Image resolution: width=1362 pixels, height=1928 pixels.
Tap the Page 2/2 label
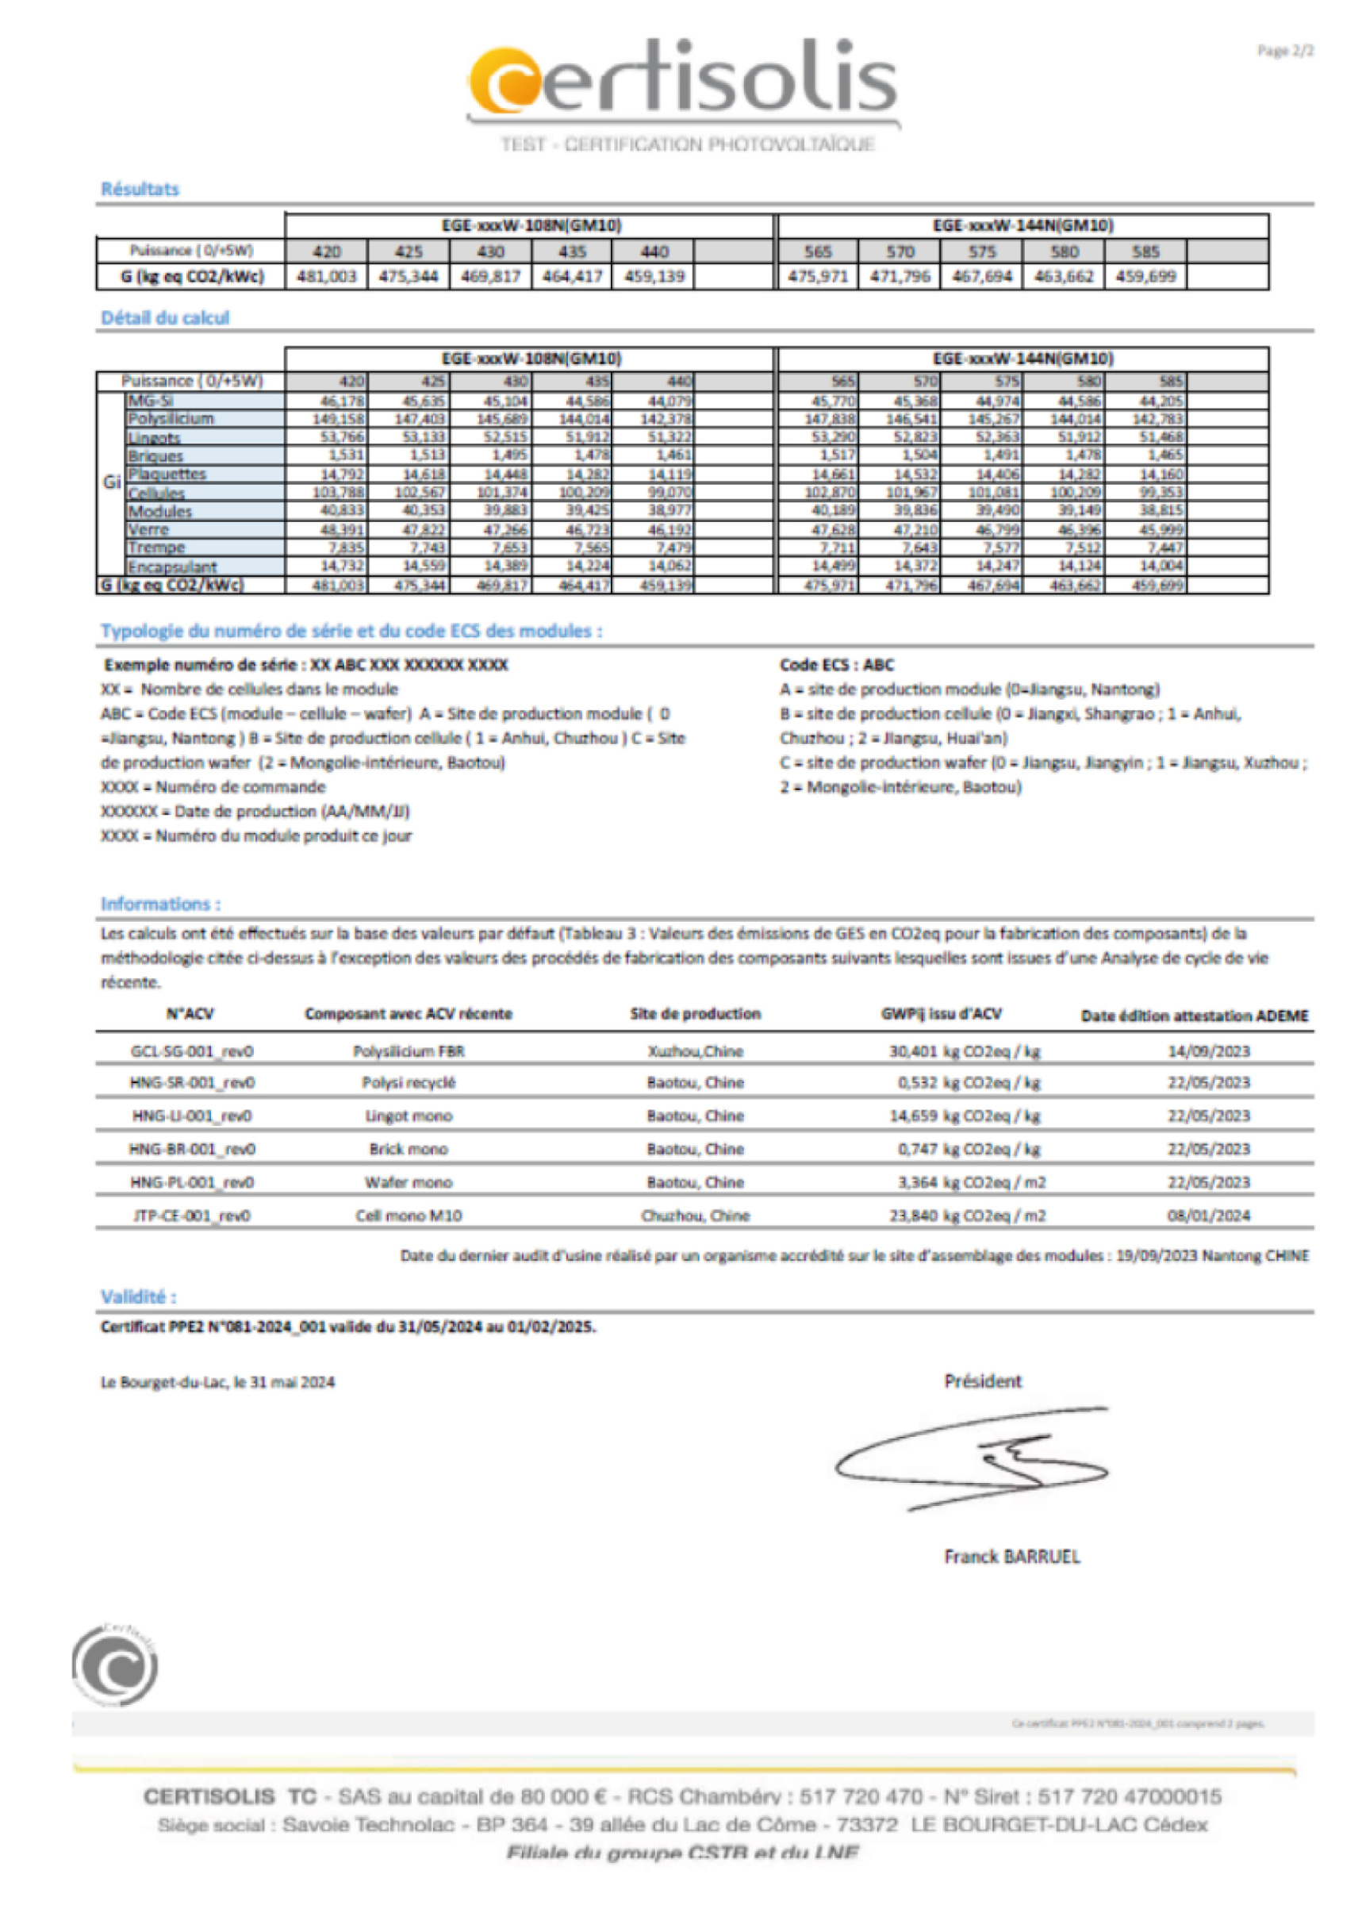1285,52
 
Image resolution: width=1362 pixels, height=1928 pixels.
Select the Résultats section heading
140,189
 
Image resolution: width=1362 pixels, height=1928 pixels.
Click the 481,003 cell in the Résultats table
326,276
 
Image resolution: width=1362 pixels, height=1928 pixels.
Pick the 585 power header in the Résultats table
1145,251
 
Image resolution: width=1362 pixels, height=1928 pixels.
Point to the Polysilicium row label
171,418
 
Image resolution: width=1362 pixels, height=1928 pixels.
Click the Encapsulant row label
172,566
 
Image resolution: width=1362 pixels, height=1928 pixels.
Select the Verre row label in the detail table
148,530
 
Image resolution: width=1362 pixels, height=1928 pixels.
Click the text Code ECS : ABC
836,665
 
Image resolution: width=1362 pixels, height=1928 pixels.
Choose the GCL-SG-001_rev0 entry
191,1051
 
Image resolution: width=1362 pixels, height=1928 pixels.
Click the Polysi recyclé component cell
408,1083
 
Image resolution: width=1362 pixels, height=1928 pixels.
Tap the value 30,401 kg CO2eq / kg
965,1051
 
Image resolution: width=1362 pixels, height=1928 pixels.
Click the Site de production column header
695,1015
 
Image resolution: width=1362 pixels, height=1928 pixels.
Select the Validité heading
139,1296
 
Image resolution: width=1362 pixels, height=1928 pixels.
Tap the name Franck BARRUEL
1012,1557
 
